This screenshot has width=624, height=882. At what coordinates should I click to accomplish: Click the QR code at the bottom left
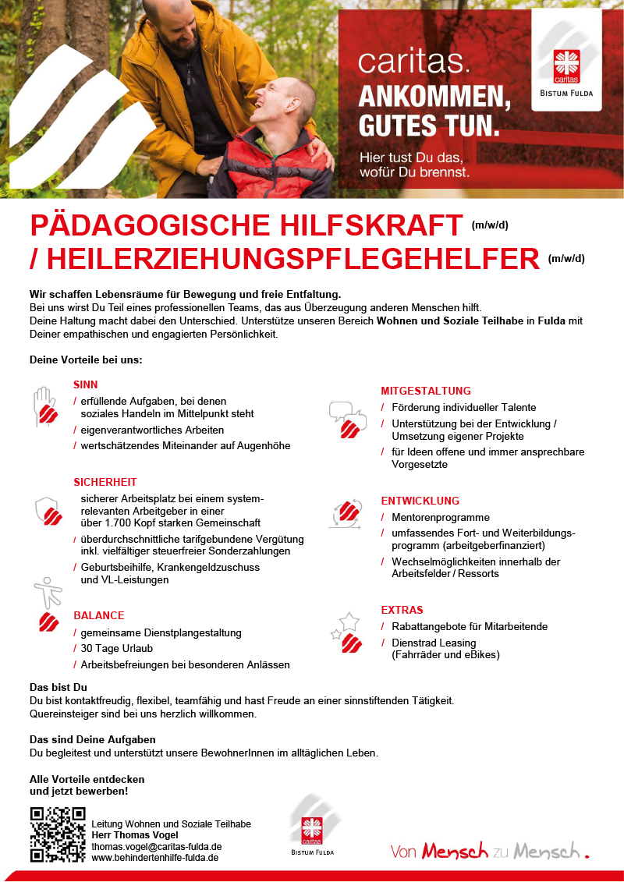tap(58, 834)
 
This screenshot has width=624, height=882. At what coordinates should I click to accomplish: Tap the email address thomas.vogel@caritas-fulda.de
tap(157, 846)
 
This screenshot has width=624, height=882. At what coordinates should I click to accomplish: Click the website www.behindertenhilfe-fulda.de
tap(154, 857)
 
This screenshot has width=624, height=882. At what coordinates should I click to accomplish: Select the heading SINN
tap(86, 384)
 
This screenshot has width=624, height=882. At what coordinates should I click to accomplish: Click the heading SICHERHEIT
tap(105, 482)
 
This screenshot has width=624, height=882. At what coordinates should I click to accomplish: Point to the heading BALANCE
tap(99, 615)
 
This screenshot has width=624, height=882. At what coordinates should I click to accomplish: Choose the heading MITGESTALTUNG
tap(426, 391)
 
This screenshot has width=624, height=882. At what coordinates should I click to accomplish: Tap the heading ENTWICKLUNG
tap(420, 501)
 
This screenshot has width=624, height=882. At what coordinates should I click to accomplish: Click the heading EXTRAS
tap(402, 610)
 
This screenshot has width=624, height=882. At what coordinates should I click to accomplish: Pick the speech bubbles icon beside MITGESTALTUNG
tap(348, 420)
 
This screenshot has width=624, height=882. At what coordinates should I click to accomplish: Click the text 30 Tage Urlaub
tap(117, 649)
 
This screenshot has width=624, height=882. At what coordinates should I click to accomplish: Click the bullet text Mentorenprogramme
tap(441, 517)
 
